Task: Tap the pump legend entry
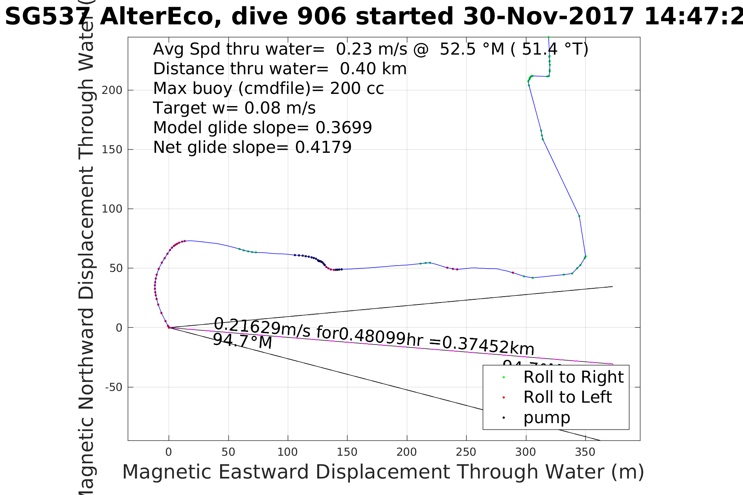[546, 418]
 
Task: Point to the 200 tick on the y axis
[112, 90]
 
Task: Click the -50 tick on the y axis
[114, 387]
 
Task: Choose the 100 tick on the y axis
[112, 209]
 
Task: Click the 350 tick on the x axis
[585, 452]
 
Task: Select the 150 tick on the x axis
[347, 452]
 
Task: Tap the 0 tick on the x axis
[169, 452]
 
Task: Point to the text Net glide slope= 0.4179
[252, 147]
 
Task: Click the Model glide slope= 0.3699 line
[262, 128]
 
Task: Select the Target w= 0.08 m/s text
[234, 108]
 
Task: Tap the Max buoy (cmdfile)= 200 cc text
[268, 88]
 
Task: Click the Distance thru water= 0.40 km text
[280, 69]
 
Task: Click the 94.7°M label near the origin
[242, 341]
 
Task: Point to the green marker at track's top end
[548, 37]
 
